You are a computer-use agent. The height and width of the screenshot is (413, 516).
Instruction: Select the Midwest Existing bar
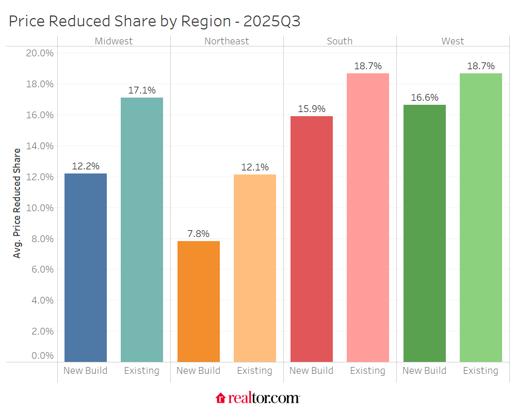(x=142, y=230)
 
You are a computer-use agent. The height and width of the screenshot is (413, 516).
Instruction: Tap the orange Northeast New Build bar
(x=199, y=301)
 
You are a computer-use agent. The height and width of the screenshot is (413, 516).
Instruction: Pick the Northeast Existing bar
(x=255, y=268)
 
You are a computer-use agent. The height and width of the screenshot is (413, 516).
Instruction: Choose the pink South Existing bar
(x=368, y=217)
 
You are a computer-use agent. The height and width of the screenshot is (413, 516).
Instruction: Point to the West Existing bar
(x=481, y=217)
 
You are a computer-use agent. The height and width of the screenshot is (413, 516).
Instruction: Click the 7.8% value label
(x=199, y=234)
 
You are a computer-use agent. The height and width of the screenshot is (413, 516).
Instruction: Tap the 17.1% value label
(x=142, y=90)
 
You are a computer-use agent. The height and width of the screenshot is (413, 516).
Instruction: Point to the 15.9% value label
(x=312, y=109)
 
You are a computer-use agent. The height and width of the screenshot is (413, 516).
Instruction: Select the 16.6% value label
(x=425, y=98)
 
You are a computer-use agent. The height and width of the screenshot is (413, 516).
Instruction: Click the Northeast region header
(x=227, y=41)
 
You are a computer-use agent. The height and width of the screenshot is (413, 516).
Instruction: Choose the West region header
(x=453, y=41)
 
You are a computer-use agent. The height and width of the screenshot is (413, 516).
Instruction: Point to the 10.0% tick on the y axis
(x=40, y=208)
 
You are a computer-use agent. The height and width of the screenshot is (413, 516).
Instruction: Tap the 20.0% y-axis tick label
(x=40, y=53)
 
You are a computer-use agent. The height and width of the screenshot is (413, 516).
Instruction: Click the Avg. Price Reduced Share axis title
(x=18, y=203)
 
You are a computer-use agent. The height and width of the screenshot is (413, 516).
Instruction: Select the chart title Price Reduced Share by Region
(x=154, y=21)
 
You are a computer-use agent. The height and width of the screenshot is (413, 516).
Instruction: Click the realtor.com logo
(x=257, y=398)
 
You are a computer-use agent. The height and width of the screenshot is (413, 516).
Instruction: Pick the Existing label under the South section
(x=368, y=371)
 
